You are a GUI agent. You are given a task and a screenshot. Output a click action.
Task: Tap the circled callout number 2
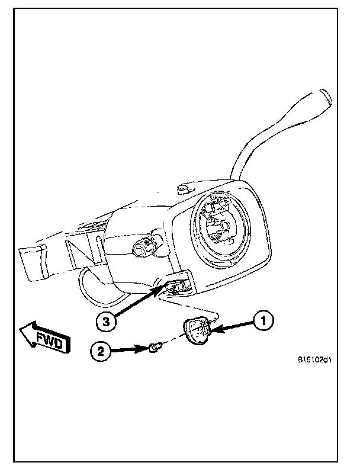point(101,352)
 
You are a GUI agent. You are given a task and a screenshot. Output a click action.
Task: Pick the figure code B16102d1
point(314,359)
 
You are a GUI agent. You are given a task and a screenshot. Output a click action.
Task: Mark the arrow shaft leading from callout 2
point(126,351)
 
